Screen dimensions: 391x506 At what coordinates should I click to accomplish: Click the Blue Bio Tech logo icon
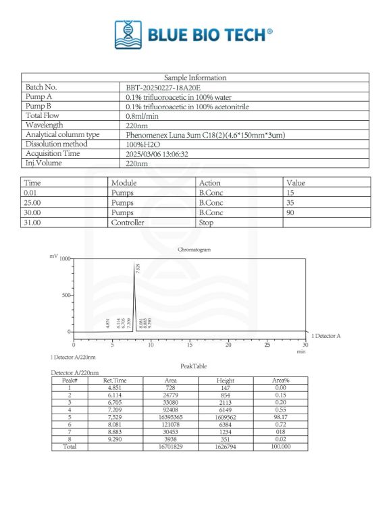(x=125, y=34)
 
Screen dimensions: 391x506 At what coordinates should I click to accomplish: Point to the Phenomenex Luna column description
(x=205, y=135)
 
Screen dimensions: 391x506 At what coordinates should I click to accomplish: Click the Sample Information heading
(x=195, y=78)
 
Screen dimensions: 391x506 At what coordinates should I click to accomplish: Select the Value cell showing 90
(x=292, y=213)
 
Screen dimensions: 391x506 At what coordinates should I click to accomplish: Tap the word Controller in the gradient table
(x=128, y=222)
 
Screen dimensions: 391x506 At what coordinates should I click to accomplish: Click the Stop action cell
(x=205, y=222)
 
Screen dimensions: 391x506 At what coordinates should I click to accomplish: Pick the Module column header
(x=124, y=183)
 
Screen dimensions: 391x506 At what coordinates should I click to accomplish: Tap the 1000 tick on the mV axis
(x=65, y=259)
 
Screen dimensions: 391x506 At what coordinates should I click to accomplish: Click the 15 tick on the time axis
(x=190, y=345)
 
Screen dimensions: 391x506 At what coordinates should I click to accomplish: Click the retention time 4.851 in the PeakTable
(x=118, y=388)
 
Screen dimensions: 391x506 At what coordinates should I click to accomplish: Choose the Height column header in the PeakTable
(x=225, y=381)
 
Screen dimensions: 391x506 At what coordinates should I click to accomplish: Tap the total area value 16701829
(x=170, y=447)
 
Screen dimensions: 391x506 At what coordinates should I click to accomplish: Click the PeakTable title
(x=193, y=366)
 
